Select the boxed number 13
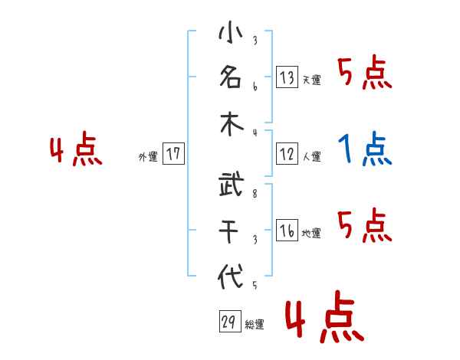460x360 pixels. click(x=287, y=77)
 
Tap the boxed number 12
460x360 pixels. click(x=287, y=154)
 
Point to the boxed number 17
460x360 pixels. click(x=173, y=154)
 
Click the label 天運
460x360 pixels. click(x=311, y=80)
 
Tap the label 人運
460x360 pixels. click(x=311, y=157)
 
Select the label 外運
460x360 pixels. click(x=148, y=157)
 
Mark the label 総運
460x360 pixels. click(x=255, y=325)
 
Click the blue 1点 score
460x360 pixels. click(x=365, y=149)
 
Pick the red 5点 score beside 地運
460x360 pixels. click(x=365, y=225)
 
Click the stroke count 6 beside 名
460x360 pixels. click(x=254, y=87)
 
